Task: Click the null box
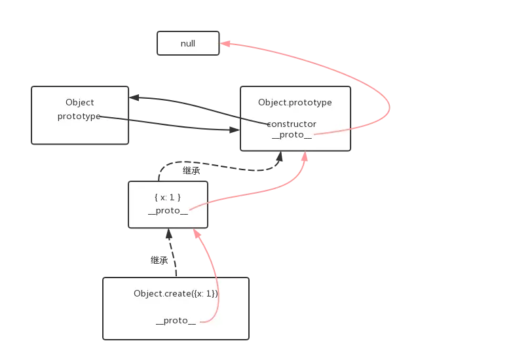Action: pos(187,43)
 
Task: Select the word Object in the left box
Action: pos(79,102)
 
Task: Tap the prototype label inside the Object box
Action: pos(79,117)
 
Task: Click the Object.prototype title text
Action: pos(295,102)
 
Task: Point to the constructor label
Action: pos(292,124)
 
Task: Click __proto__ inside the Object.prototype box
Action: pos(292,135)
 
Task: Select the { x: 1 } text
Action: pos(168,197)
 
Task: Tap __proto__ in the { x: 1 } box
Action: pos(168,211)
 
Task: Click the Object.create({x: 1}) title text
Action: pos(176,293)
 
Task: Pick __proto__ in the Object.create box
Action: pos(176,321)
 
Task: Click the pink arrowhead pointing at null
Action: pos(225,44)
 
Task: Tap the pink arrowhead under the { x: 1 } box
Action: pos(195,234)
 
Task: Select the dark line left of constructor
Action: pos(252,121)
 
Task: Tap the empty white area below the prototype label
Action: pos(79,132)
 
